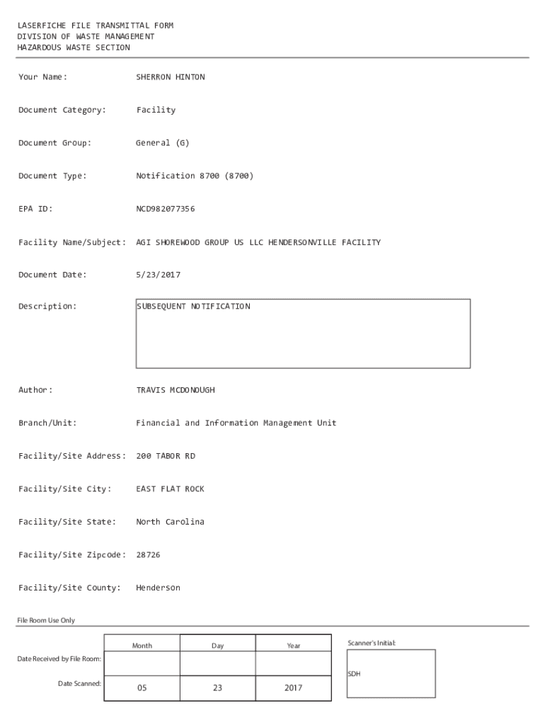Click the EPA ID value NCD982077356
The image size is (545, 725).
coord(165,209)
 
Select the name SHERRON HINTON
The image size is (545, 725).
coord(170,77)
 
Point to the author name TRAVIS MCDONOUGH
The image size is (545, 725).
coord(175,390)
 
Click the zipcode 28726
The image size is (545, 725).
coord(148,555)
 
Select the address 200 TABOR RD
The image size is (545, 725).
coord(165,456)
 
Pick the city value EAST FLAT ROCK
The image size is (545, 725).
coord(170,489)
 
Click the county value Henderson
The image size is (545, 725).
coord(158,588)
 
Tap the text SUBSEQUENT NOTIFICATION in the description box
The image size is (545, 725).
coord(194,307)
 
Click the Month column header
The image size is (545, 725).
coord(142,646)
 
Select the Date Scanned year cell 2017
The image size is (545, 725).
coord(293,687)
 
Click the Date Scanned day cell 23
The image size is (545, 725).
coord(217,687)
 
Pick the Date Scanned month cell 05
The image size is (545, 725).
coord(142,687)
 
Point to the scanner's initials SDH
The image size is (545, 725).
coord(354,674)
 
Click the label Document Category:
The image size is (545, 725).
coord(62,110)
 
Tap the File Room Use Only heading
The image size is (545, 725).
coord(46,620)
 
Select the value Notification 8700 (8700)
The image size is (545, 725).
coord(194,176)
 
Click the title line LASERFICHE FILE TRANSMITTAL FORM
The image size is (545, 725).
coord(96,25)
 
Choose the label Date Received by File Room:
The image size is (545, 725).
coord(59,659)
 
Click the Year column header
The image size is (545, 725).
coord(293,646)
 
